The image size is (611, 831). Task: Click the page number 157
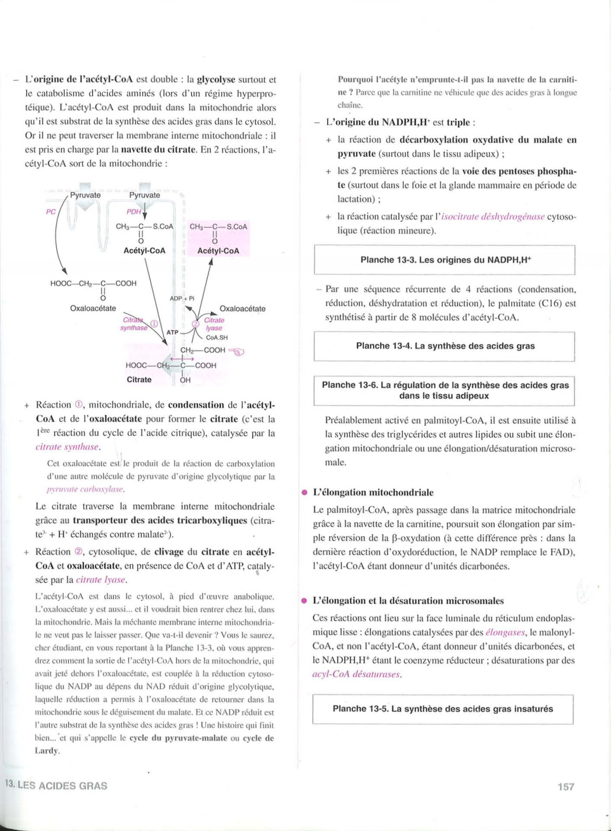(x=566, y=786)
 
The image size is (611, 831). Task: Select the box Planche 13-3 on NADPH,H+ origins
(x=445, y=260)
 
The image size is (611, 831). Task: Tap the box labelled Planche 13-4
(x=445, y=346)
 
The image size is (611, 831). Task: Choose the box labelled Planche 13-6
(x=445, y=391)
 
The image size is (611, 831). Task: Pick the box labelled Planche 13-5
(x=443, y=709)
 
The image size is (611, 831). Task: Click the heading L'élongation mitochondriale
(x=373, y=493)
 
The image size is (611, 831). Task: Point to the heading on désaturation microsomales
(x=408, y=601)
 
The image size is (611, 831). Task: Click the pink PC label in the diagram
(x=51, y=212)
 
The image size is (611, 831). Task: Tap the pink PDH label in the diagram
(x=134, y=212)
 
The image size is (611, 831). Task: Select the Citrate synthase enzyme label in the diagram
(x=134, y=324)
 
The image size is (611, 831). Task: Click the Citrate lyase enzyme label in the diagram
(x=214, y=324)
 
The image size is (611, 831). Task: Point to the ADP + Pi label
(x=182, y=298)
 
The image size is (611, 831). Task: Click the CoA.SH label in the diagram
(x=217, y=338)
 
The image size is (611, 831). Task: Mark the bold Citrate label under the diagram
(x=139, y=380)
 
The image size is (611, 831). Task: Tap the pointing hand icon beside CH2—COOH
(x=237, y=352)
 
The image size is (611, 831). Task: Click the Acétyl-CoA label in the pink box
(x=218, y=251)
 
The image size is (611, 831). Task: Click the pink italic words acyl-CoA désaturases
(x=356, y=674)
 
